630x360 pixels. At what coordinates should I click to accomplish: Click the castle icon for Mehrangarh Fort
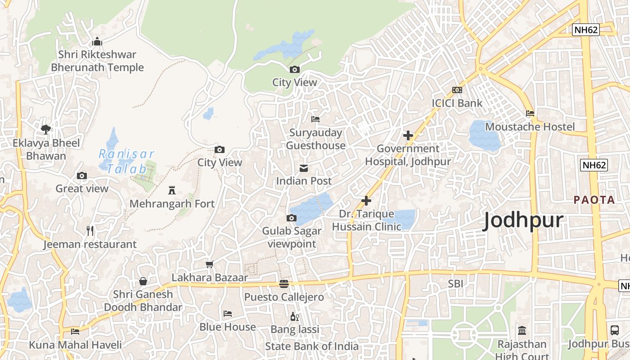pyautogui.click(x=171, y=190)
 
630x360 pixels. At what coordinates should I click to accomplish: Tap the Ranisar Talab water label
pyautogui.click(x=126, y=162)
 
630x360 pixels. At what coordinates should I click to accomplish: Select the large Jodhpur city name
pyautogui.click(x=523, y=220)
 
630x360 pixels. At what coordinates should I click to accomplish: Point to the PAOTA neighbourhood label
pyautogui.click(x=594, y=200)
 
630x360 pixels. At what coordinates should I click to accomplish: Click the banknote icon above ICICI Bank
pyautogui.click(x=457, y=90)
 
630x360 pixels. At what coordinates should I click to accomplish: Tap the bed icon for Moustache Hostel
pyautogui.click(x=530, y=113)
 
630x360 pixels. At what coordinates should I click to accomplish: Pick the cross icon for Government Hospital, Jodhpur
pyautogui.click(x=408, y=135)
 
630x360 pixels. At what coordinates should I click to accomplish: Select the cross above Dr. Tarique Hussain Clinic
pyautogui.click(x=366, y=200)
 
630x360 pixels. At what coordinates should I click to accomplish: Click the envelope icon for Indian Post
pyautogui.click(x=304, y=168)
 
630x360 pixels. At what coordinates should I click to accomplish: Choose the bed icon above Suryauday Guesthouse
pyautogui.click(x=315, y=119)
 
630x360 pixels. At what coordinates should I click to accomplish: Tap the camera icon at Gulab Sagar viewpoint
pyautogui.click(x=292, y=218)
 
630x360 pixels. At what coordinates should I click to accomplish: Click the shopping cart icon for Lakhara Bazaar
pyautogui.click(x=209, y=265)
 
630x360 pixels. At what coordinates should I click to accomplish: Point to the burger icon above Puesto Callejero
pyautogui.click(x=283, y=284)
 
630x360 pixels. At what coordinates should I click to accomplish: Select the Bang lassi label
pyautogui.click(x=295, y=329)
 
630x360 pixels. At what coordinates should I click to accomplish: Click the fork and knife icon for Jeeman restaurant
pyautogui.click(x=90, y=231)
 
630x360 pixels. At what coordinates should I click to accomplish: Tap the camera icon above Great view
pyautogui.click(x=82, y=175)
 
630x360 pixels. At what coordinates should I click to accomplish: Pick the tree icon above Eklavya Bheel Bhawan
pyautogui.click(x=45, y=130)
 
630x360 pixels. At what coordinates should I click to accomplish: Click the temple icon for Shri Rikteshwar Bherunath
pyautogui.click(x=97, y=42)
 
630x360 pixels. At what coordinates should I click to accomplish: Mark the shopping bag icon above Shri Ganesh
pyautogui.click(x=143, y=281)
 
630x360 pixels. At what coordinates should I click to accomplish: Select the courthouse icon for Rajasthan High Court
pyautogui.click(x=522, y=331)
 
